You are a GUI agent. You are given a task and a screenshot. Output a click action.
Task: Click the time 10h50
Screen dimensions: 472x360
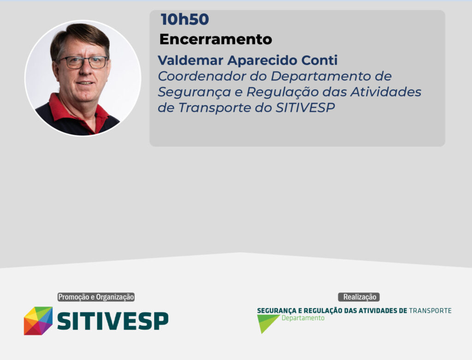pos(185,19)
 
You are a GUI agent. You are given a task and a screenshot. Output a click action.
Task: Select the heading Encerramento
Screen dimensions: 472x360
pos(216,39)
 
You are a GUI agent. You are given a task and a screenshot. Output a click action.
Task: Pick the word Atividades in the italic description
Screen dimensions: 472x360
pos(386,92)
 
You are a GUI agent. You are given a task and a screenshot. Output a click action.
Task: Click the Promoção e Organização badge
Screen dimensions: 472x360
pos(96,297)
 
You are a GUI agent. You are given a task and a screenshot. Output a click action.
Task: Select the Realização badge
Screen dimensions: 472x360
pos(359,297)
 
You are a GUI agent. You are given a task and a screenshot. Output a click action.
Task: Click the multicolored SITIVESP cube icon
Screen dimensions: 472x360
pos(38,321)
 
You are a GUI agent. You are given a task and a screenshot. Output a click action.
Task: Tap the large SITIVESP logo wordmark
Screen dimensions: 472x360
pos(112,321)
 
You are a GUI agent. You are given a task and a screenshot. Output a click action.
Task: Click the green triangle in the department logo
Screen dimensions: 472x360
pos(266,322)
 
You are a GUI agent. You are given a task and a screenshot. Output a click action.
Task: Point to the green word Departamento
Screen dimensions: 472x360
pos(303,319)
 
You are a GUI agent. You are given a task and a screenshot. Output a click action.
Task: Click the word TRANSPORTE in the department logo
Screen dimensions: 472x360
pos(430,311)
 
